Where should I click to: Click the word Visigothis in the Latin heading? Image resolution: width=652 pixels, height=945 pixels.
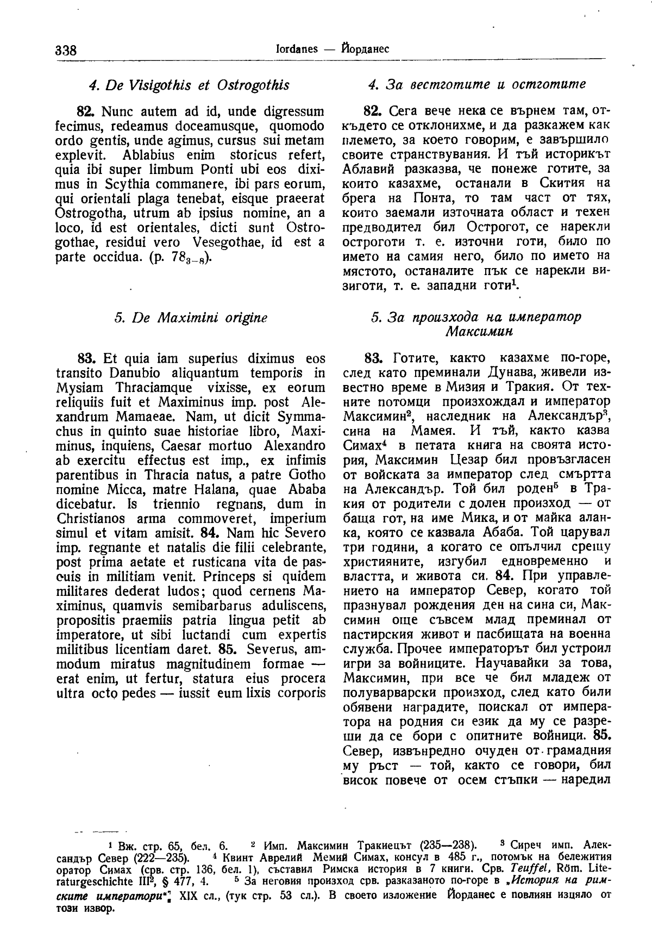[x=154, y=85]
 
